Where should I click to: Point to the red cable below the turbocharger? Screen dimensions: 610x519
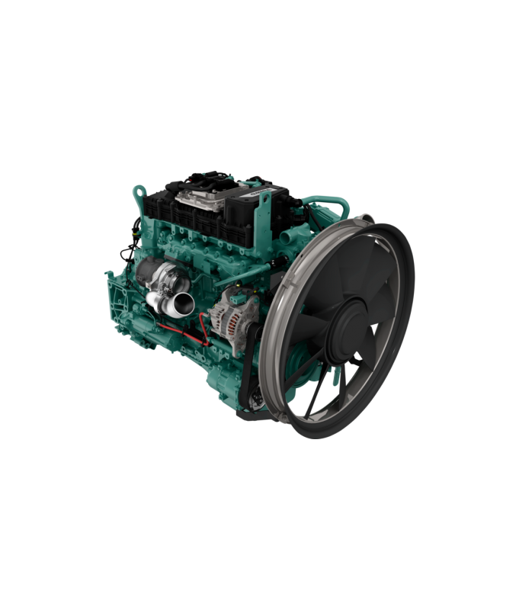pos(183,329)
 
